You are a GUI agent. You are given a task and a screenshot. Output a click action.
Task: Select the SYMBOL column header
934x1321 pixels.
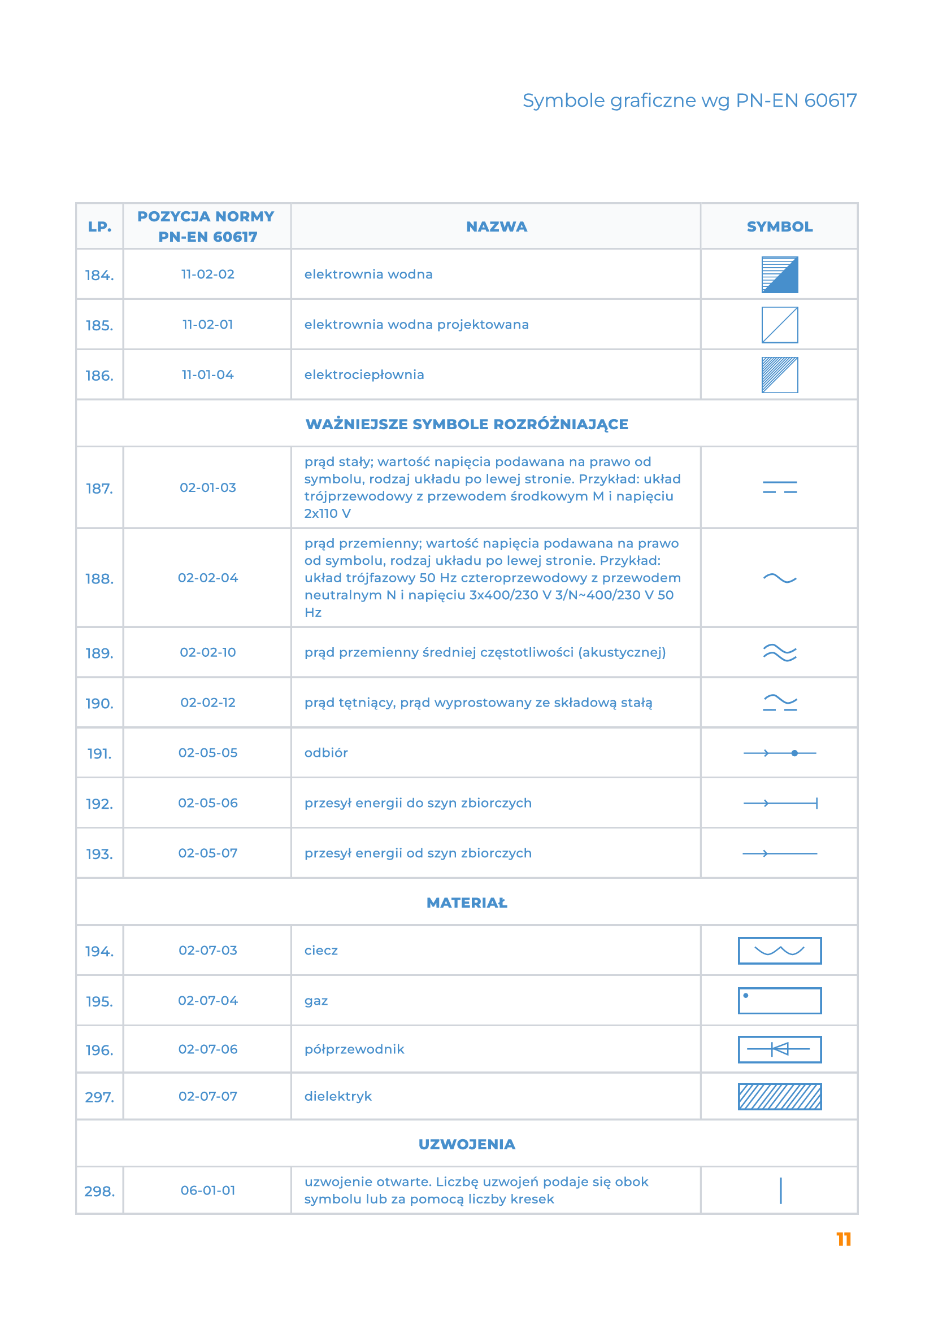(779, 226)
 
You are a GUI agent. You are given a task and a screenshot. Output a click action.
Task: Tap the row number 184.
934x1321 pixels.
(99, 276)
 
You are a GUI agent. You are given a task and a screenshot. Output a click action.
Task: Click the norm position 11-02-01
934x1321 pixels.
(208, 325)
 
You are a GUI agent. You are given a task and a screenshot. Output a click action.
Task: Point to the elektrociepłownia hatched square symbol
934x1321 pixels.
(779, 375)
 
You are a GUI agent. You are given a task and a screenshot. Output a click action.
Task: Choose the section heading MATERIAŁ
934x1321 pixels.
(467, 903)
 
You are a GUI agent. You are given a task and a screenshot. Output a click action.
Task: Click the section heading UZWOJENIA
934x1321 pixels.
(467, 1144)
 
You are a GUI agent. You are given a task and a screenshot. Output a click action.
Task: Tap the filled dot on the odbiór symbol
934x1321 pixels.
(794, 753)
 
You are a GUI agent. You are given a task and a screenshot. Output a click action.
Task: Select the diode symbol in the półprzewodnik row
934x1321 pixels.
(779, 1049)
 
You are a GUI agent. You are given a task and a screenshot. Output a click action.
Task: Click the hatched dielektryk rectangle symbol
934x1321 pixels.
(779, 1097)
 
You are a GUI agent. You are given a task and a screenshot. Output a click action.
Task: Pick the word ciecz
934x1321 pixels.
(321, 951)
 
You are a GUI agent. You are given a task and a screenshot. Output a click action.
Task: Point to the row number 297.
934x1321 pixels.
(99, 1097)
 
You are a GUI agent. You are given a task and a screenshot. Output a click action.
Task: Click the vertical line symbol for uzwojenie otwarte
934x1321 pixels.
(780, 1191)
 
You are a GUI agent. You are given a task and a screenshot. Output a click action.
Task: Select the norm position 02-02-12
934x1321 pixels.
(208, 703)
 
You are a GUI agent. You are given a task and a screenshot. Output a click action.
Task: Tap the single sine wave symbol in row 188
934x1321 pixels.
(779, 578)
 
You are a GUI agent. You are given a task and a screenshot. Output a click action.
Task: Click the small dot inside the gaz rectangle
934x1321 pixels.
(746, 995)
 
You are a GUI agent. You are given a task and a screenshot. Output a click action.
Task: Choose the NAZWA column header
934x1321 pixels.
(496, 226)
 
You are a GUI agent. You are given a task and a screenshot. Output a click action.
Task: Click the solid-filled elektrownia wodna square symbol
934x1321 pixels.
(779, 275)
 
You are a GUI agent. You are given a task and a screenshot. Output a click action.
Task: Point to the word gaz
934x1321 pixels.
(316, 1001)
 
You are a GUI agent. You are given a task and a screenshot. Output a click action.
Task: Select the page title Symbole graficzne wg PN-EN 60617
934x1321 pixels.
(689, 101)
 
